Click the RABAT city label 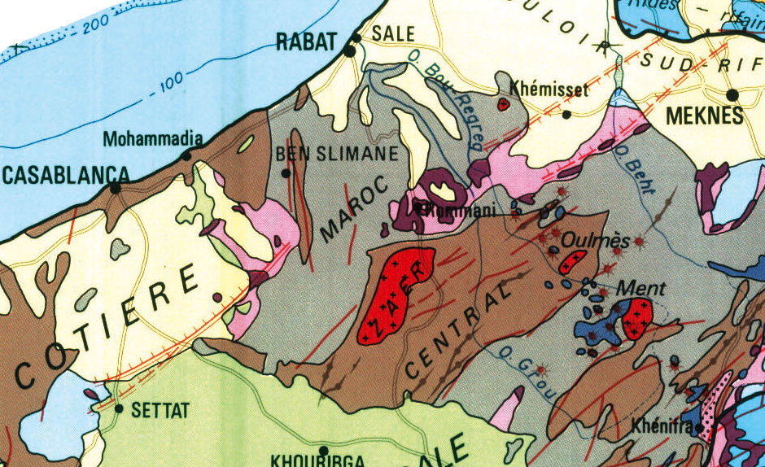click(307, 41)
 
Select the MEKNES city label click(705, 116)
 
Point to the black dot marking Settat click(119, 408)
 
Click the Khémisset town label click(548, 89)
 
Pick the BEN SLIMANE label click(337, 154)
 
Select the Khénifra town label click(660, 426)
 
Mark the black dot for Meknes click(732, 95)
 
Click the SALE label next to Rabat click(393, 33)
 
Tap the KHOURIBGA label click(308, 460)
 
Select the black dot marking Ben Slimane click(286, 172)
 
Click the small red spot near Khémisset click(503, 104)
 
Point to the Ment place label click(642, 288)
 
